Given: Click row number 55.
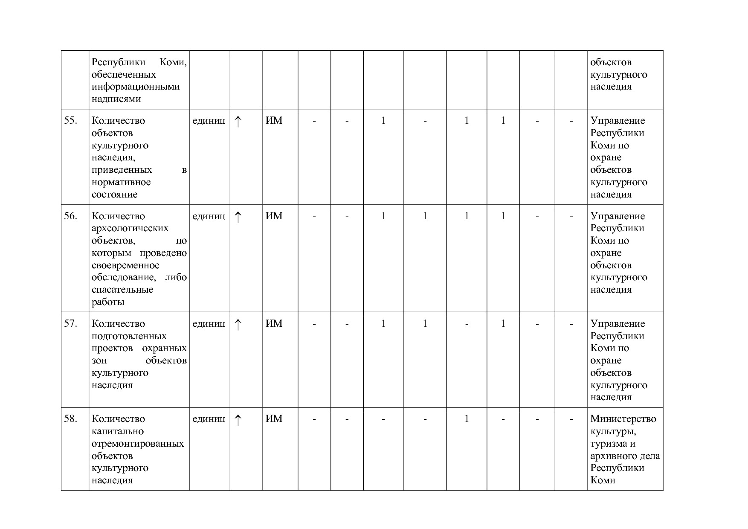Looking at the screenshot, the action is point(70,121).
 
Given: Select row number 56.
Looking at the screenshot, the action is point(70,216).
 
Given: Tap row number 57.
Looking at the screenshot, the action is point(70,324).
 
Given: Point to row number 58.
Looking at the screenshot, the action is point(70,419).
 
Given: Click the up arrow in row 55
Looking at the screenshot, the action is point(238,122).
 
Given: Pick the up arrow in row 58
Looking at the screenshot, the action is point(238,420).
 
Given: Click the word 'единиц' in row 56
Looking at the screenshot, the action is point(209,216).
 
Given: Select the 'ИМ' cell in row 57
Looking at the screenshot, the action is point(274,324).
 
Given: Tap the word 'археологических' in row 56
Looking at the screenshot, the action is point(130,228).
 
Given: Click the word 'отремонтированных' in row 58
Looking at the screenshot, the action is point(137,444).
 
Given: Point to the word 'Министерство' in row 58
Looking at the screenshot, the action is point(623,419).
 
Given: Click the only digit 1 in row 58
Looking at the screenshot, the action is point(467,419).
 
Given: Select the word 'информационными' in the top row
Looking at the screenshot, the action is point(135,87).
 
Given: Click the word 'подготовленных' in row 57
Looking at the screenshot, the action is point(129,336).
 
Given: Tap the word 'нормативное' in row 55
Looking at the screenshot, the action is point(121,182).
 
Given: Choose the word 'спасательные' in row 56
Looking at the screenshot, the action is point(122,290).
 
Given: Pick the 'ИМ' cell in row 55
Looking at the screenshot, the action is point(274,121).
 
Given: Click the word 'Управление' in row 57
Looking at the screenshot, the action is point(617,324).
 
